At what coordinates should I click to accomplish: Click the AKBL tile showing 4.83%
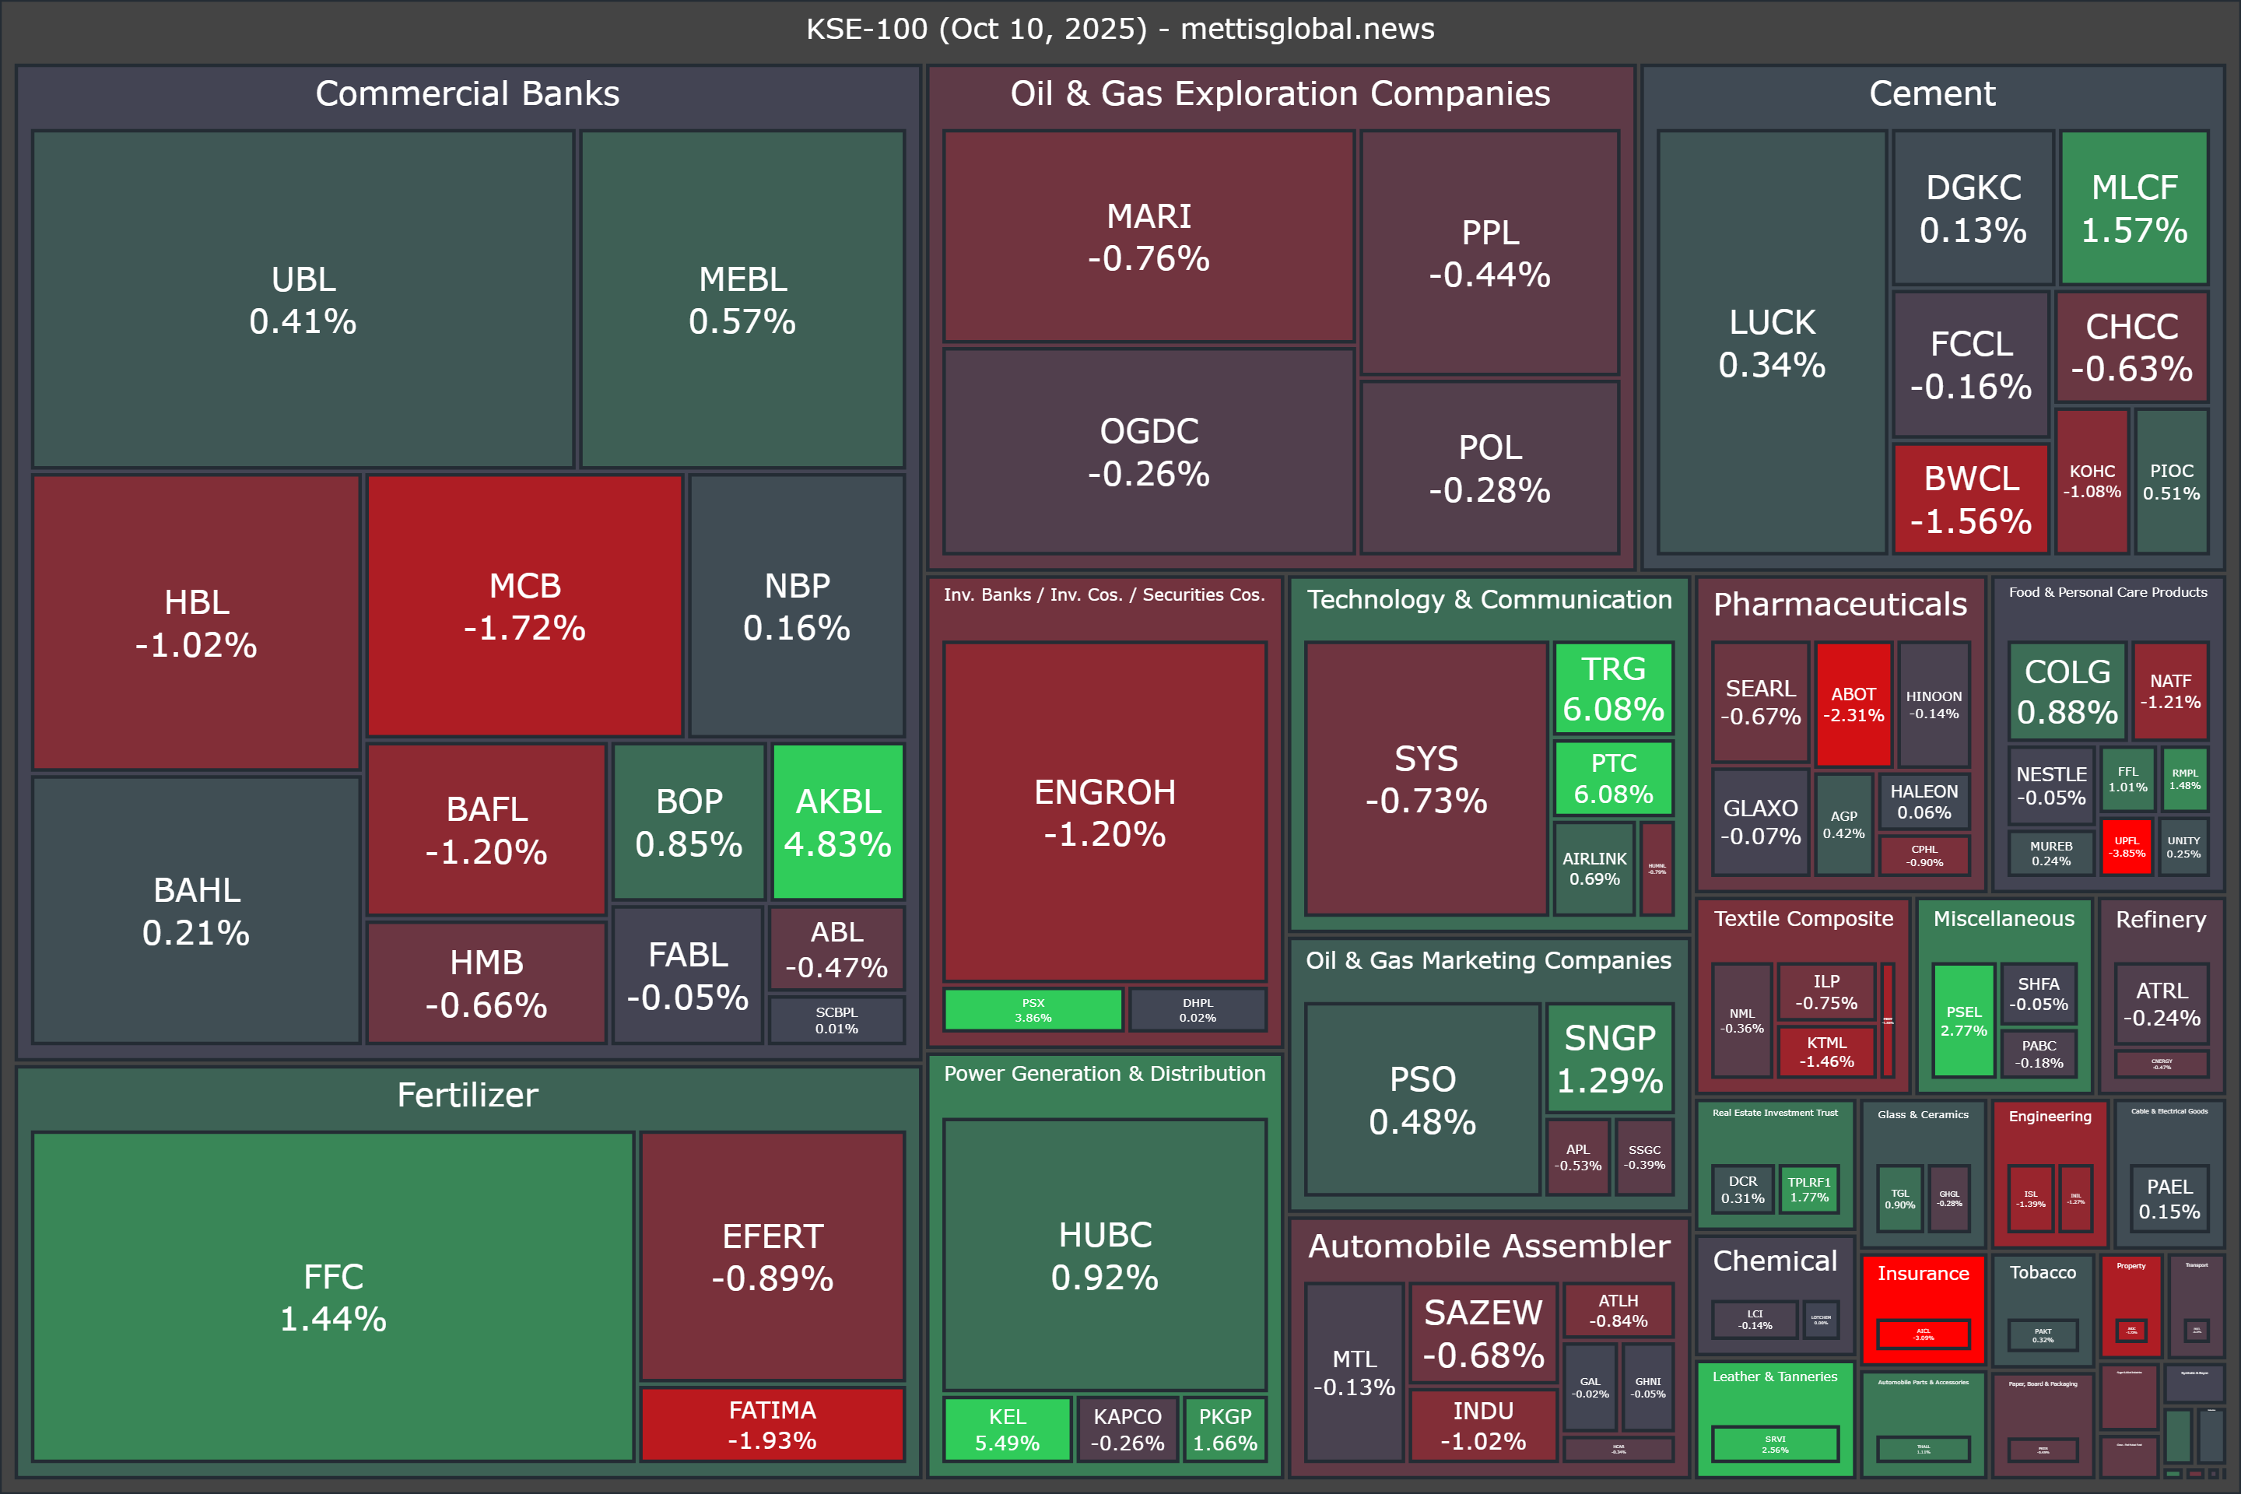(837, 822)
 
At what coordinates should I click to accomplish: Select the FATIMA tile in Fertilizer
(772, 1423)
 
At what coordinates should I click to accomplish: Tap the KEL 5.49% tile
(1007, 1429)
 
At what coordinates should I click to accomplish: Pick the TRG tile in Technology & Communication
(1613, 688)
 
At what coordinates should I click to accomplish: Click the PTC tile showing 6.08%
(1613, 777)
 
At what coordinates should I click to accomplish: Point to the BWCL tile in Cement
(1970, 498)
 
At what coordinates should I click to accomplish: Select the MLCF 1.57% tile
(2134, 208)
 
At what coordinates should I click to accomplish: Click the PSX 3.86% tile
(1033, 1010)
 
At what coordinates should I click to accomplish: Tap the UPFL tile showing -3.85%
(2126, 846)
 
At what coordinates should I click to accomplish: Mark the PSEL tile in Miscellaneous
(1962, 1019)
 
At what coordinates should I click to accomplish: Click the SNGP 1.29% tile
(1609, 1057)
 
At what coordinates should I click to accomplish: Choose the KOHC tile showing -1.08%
(2092, 481)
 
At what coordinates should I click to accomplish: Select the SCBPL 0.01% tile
(836, 1019)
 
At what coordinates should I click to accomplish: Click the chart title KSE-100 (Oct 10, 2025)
(1120, 29)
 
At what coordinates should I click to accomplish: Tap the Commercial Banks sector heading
(467, 93)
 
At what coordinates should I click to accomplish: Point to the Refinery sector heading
(2160, 920)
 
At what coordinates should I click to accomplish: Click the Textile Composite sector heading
(1803, 918)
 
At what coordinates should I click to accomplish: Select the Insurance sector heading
(1923, 1273)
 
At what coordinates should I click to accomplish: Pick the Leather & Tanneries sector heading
(1774, 1376)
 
